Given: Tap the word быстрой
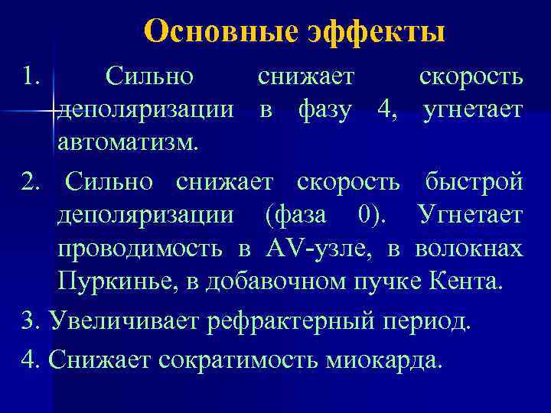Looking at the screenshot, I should coord(474,182).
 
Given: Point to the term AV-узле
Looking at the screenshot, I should coord(318,249).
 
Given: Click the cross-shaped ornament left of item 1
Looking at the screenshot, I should coord(51,112).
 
